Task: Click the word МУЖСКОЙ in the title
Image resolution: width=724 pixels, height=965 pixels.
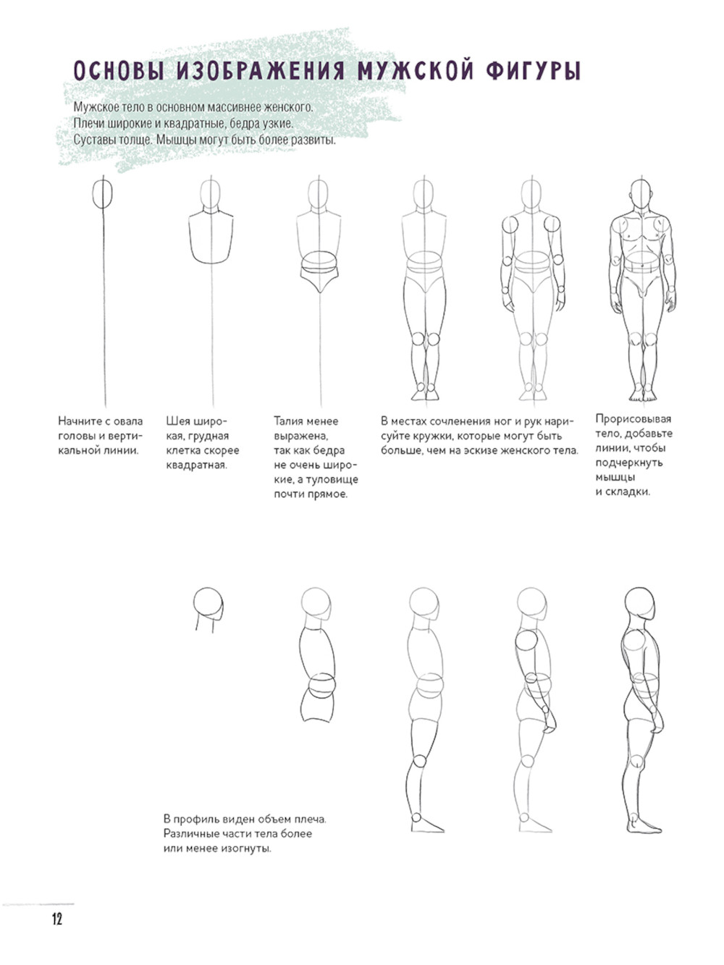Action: tap(415, 71)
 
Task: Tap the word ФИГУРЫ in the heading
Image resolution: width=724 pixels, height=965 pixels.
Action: tap(533, 71)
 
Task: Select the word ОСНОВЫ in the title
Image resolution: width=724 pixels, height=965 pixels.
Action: tap(119, 71)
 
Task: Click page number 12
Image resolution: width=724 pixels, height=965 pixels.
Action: tap(57, 919)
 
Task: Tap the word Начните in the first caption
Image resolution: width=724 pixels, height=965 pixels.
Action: tap(79, 421)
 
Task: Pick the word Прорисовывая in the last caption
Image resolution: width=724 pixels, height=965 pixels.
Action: tap(633, 419)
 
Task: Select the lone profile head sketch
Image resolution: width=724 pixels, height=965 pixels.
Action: tap(209, 608)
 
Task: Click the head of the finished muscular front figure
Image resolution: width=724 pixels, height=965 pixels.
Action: tap(641, 193)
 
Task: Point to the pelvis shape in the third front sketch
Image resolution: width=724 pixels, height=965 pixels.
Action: tap(319, 272)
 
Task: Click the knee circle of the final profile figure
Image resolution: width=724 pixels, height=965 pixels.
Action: tap(636, 761)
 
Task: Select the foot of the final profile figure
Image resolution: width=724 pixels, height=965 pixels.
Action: tap(643, 825)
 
